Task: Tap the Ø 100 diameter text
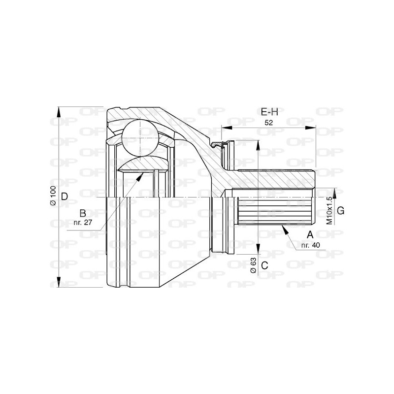click(x=53, y=196)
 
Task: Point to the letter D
click(x=64, y=197)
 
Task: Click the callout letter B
click(x=83, y=213)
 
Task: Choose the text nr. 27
click(x=83, y=222)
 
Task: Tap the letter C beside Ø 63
click(x=264, y=265)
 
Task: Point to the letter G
click(x=340, y=211)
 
